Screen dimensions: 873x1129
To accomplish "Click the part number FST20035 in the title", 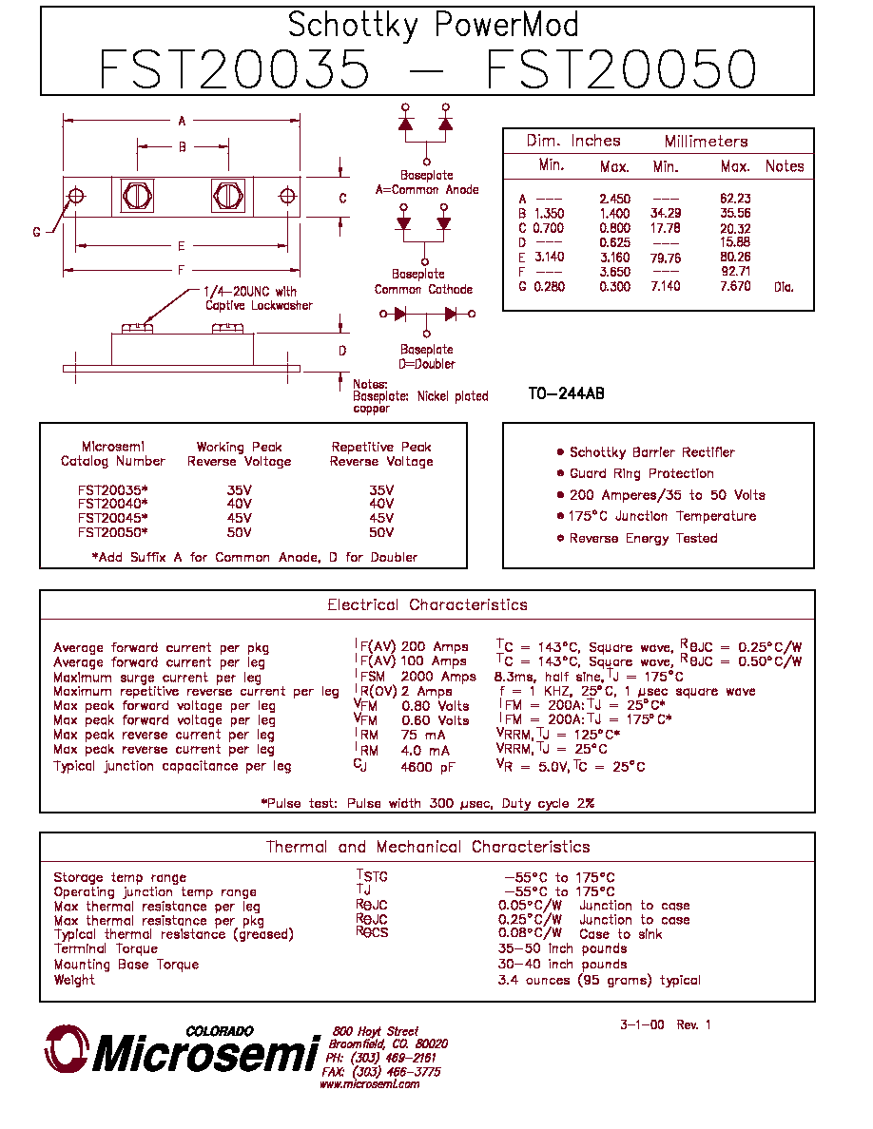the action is tap(234, 69).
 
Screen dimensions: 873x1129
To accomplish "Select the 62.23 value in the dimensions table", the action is tap(735, 199).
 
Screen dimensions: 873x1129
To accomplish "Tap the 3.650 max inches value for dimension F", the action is tap(614, 272).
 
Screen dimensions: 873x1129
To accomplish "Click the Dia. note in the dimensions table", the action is tap(784, 287).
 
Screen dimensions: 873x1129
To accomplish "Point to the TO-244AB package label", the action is tap(566, 393).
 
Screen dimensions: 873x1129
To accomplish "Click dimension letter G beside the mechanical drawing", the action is tap(37, 232).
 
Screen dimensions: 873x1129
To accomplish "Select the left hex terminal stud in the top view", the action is tap(137, 196).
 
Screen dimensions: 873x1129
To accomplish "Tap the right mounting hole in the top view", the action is tap(287, 196).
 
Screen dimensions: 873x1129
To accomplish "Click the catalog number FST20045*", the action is tap(112, 518).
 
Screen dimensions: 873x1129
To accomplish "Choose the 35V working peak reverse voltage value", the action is tap(239, 490).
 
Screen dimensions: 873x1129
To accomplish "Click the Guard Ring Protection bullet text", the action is tap(642, 474).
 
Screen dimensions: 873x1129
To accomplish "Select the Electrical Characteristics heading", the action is tap(427, 604).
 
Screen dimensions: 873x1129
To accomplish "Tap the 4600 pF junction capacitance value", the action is tap(428, 768).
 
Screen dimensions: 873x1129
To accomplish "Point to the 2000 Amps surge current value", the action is tap(438, 677).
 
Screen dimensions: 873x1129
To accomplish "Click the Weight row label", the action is tap(74, 980).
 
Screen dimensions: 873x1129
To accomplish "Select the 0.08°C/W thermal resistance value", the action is tap(530, 934).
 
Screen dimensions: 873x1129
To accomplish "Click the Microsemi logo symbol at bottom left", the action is tap(67, 1049).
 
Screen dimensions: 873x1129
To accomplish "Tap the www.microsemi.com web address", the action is tap(370, 1084).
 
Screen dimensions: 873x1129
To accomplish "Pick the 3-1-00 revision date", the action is tap(642, 1024).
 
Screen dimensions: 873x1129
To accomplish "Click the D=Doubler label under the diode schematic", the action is tap(426, 364).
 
